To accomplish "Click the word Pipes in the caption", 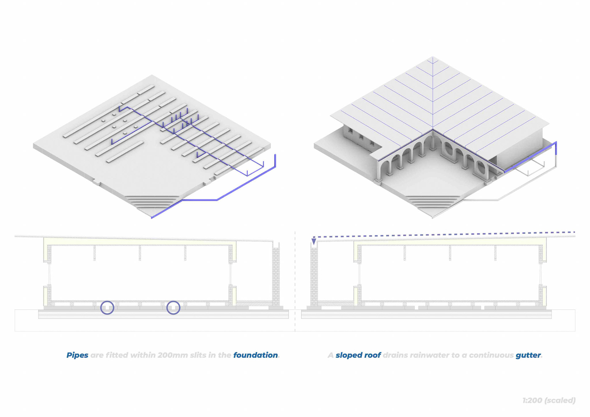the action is pos(77,355).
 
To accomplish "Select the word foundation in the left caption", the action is pos(255,355).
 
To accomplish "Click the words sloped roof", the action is pos(358,355).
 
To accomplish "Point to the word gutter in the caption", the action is pos(528,355).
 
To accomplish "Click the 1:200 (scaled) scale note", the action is pos(549,400).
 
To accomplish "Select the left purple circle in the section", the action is pos(107,308).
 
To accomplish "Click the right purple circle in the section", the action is pos(173,308).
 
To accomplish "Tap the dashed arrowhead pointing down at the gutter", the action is pos(314,242).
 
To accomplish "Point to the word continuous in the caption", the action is pos(491,355).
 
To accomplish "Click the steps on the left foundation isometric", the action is pos(154,201).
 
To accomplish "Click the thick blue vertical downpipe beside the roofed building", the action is pos(556,151).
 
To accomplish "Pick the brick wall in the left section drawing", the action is pos(276,277).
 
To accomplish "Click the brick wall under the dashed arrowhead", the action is pos(314,277).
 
